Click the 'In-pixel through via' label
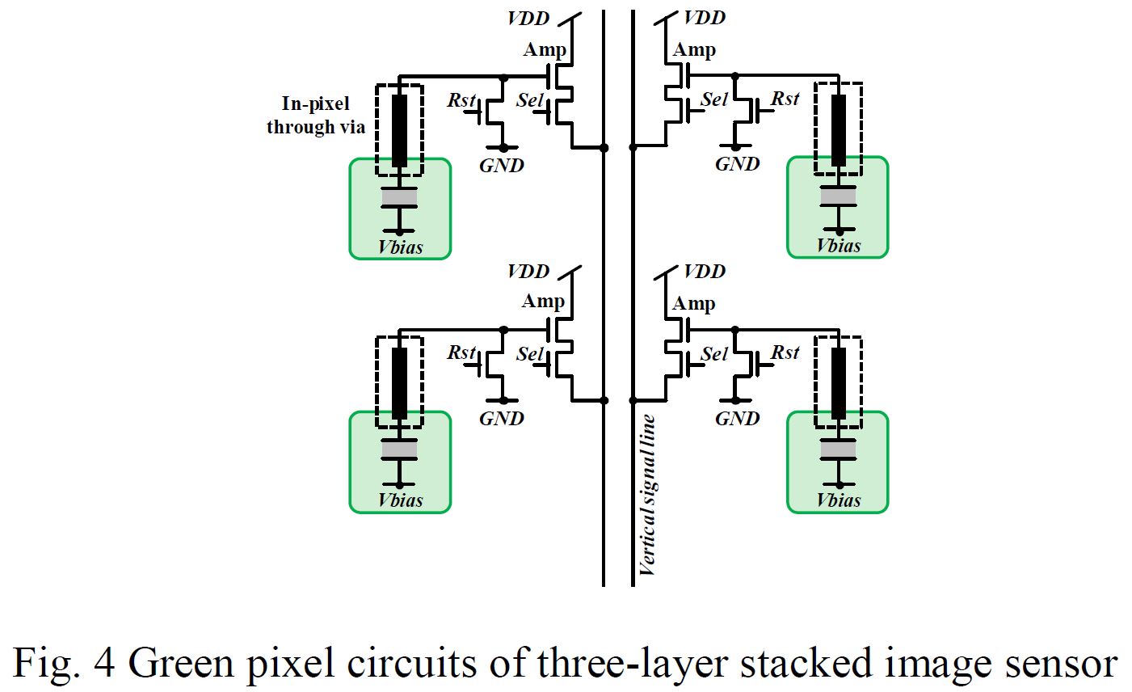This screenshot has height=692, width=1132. tap(315, 116)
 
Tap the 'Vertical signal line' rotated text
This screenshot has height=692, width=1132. tap(646, 495)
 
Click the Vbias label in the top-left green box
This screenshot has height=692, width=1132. tap(400, 247)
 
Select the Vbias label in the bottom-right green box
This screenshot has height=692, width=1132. tap(838, 500)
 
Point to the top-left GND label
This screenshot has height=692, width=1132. tap(502, 166)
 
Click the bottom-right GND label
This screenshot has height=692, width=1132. tap(737, 419)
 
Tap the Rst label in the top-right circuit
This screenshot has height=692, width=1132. tap(785, 99)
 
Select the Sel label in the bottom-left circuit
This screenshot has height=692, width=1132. tap(530, 354)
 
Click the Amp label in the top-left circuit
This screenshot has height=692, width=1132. tap(545, 49)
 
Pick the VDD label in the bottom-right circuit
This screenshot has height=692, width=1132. tap(705, 272)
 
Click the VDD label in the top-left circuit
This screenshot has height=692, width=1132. tap(528, 19)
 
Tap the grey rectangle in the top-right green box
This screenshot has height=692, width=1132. tap(838, 196)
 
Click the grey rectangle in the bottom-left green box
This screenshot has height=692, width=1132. tap(399, 449)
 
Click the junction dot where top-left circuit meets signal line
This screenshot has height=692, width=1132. tap(604, 148)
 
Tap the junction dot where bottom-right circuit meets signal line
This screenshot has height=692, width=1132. tap(633, 400)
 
